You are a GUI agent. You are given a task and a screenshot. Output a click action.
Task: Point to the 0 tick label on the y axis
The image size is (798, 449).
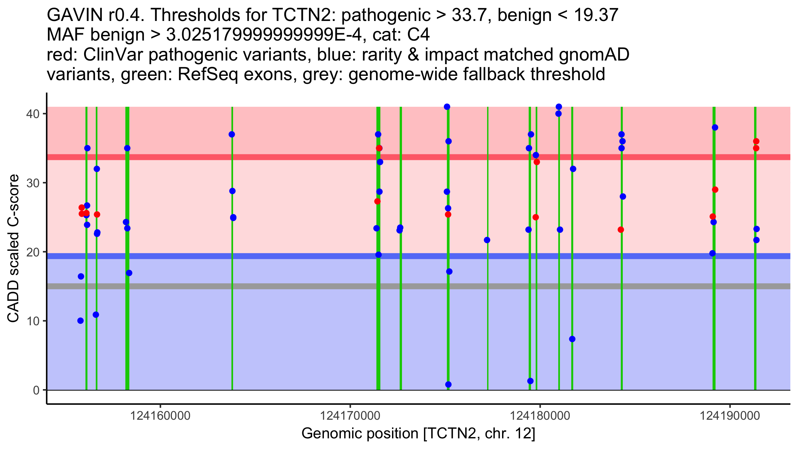(x=36, y=390)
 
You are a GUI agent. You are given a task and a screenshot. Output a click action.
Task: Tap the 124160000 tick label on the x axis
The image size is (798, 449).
(x=160, y=416)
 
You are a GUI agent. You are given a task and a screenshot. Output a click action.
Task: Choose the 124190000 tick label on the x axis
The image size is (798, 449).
(x=730, y=416)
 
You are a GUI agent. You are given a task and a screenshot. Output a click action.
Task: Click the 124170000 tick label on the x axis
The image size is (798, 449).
(x=350, y=416)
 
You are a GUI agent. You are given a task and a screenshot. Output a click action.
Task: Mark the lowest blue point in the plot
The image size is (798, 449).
(x=448, y=384)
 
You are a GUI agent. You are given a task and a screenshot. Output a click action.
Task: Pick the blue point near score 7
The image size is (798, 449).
(x=572, y=339)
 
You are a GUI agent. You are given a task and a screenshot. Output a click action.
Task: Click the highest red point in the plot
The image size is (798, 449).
(x=756, y=141)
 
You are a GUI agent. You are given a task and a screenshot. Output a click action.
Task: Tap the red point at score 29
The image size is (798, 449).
(x=715, y=190)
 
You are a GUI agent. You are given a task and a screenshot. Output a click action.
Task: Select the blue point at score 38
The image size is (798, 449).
(x=715, y=127)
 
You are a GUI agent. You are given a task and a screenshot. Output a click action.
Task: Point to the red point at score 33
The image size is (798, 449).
(x=537, y=162)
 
